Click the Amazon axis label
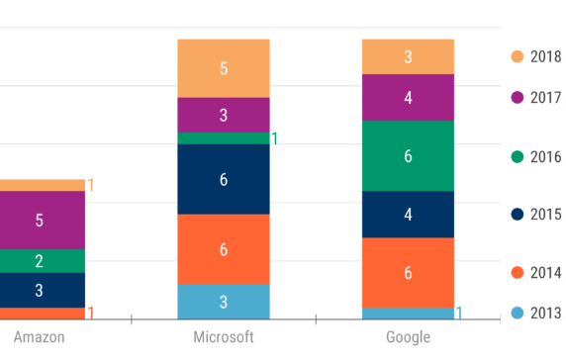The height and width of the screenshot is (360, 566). (40, 338)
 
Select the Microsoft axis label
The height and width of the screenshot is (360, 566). (223, 338)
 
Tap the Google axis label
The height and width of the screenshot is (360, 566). (408, 338)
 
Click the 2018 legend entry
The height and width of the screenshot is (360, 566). (535, 57)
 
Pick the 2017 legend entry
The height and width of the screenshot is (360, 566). (535, 98)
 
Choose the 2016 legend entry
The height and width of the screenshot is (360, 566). (535, 156)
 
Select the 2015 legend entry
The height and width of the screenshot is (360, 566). (535, 215)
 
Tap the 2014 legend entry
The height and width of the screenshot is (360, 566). (535, 273)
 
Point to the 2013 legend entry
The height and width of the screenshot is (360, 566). (535, 314)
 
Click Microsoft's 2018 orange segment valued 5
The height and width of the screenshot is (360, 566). (223, 68)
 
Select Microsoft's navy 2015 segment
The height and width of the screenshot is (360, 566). (223, 179)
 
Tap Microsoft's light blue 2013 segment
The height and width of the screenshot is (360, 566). (223, 302)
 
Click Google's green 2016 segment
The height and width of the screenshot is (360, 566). (408, 155)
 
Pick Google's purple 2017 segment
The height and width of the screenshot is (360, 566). (408, 97)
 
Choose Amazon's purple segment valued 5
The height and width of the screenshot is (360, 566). (40, 220)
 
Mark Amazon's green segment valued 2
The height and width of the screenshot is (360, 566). (40, 261)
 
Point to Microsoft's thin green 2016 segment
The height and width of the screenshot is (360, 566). (223, 138)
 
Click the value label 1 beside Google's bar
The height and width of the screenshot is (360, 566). (459, 314)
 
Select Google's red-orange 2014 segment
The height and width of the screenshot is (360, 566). (408, 273)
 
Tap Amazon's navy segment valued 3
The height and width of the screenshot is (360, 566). (40, 290)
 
